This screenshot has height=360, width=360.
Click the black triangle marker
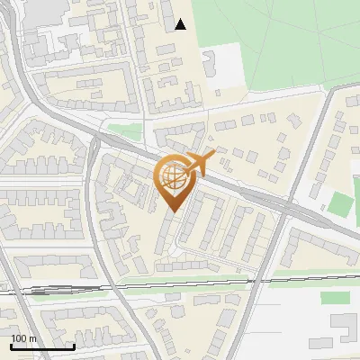tap(181, 24)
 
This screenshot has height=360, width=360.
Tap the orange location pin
tap(174, 181)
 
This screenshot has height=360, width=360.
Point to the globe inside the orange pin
tap(174, 176)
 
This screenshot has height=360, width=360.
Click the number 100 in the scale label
tap(18, 338)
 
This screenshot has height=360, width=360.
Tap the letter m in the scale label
tap(32, 338)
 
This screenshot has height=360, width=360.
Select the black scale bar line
tap(42, 346)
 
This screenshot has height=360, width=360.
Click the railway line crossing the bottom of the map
tap(180, 286)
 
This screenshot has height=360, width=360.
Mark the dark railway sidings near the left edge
tap(36, 291)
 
